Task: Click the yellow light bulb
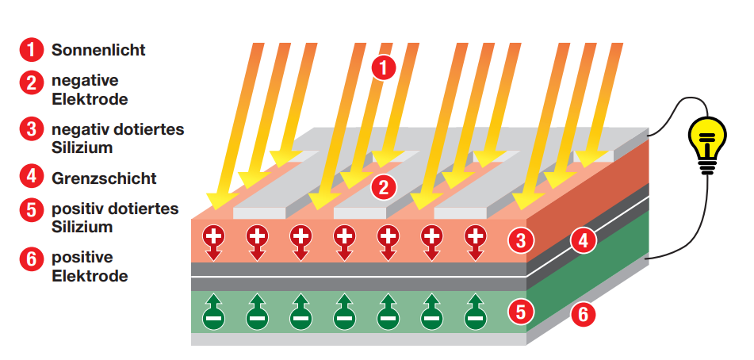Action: tap(705, 138)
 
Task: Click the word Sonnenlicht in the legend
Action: tap(98, 50)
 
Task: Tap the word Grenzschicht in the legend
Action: tap(104, 178)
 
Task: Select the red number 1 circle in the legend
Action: tap(31, 50)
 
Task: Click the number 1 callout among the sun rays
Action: tap(383, 68)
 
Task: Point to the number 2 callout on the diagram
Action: tap(383, 187)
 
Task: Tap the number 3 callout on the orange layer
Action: tap(520, 238)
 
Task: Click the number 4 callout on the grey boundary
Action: tap(584, 240)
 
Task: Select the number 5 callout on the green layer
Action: tap(520, 312)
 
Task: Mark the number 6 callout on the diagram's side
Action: tap(584, 314)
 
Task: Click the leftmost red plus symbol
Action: tap(214, 236)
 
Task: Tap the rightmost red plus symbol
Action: tap(475, 236)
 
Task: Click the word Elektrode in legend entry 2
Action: tap(90, 100)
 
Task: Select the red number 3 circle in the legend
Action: tap(31, 128)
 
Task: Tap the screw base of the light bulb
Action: tap(706, 164)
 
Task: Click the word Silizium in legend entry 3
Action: tap(82, 147)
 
